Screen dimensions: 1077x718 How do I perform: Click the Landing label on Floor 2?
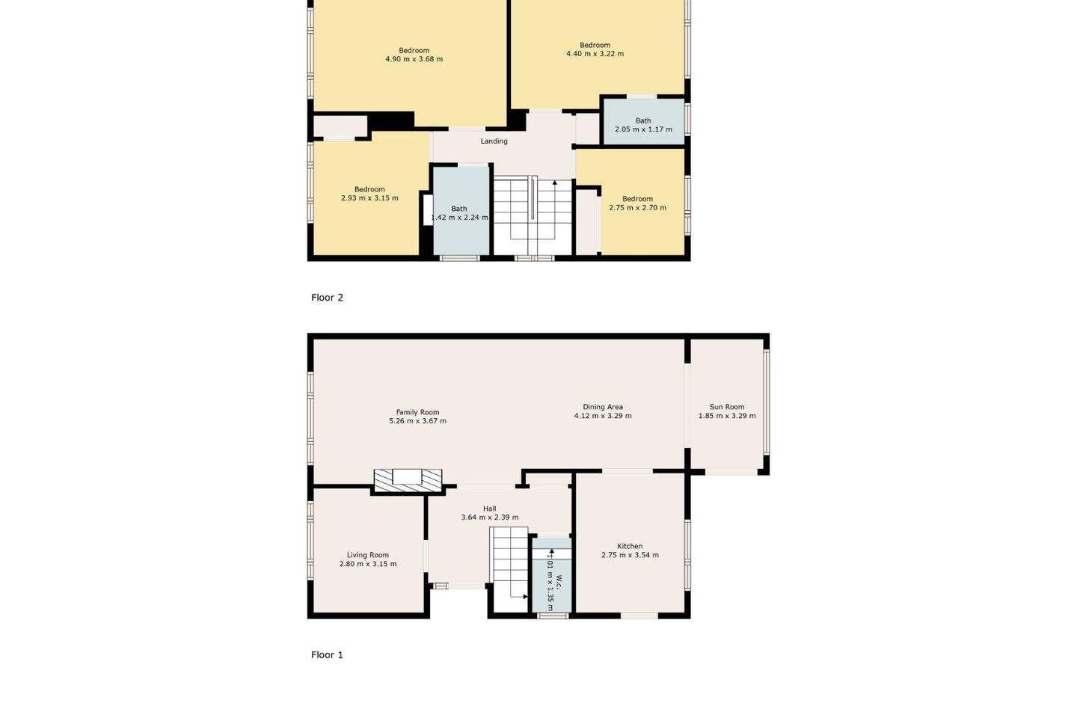[494, 141]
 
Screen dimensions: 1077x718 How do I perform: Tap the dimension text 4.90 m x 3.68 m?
[414, 59]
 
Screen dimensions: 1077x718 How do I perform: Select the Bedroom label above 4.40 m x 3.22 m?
[595, 45]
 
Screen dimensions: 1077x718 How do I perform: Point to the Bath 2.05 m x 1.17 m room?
[644, 122]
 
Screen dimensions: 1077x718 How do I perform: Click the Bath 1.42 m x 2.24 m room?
[461, 211]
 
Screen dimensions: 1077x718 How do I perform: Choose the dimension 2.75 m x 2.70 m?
[637, 208]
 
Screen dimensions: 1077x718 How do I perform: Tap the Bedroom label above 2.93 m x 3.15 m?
[369, 189]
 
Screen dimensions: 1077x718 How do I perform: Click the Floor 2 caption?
[327, 298]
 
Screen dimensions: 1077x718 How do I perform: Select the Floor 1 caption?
[327, 655]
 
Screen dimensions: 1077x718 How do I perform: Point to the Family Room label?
[417, 412]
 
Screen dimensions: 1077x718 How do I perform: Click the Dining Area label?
[603, 407]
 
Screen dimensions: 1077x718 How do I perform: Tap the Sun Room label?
[726, 407]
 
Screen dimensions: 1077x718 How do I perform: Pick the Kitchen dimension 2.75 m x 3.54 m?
[630, 555]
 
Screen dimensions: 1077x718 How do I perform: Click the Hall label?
[489, 509]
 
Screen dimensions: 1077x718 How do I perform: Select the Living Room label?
[368, 555]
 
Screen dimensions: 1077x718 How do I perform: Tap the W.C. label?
[559, 582]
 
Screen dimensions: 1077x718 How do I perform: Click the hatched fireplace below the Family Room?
[408, 481]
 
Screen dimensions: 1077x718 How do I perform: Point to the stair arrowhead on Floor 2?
[555, 182]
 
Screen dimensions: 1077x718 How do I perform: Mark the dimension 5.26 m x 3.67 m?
[417, 421]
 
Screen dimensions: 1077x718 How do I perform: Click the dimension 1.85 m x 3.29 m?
[727, 416]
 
